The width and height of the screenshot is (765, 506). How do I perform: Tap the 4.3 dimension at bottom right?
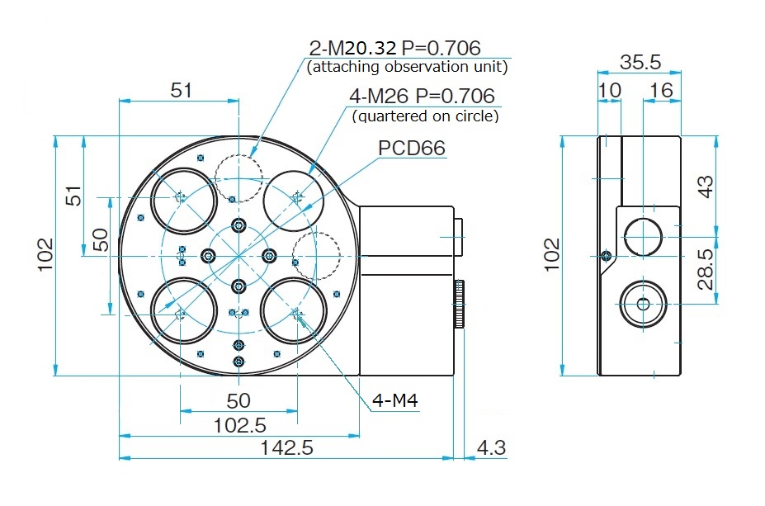coord(491,448)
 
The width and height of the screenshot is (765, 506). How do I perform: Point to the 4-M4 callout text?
coord(396,401)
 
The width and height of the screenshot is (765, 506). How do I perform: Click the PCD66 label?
coord(412,148)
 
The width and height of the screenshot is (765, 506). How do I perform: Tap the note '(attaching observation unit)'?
coord(407,67)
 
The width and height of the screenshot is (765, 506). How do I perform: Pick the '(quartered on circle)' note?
coord(426,116)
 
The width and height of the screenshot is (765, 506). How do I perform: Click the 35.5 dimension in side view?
coord(640,63)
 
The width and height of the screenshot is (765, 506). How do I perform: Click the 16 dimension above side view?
coord(662,88)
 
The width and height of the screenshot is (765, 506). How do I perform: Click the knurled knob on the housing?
coord(458,305)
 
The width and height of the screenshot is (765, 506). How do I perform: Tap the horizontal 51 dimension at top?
coord(181,89)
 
